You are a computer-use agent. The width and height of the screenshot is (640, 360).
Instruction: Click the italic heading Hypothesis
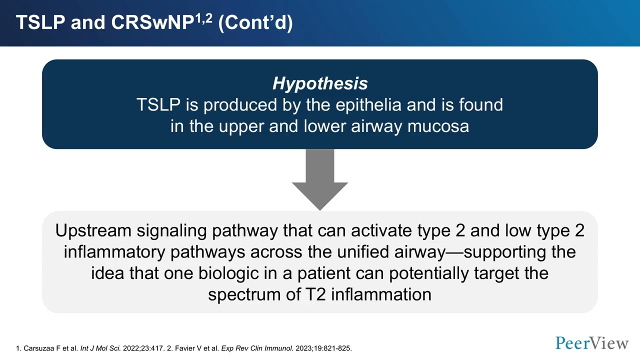pos(320,83)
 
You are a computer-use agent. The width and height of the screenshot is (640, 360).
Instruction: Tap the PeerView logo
pos(592,343)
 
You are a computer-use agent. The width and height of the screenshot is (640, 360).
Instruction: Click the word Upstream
pos(93,230)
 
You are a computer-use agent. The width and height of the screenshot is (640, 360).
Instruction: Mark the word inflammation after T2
pos(381,294)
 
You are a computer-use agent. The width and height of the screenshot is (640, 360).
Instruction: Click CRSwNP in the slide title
pos(152,23)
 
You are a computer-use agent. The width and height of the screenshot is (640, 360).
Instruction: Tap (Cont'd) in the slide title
pos(255,23)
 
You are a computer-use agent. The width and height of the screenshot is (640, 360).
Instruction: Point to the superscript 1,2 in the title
pos(203,19)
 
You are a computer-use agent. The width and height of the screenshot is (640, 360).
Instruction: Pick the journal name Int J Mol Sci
pos(99,348)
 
